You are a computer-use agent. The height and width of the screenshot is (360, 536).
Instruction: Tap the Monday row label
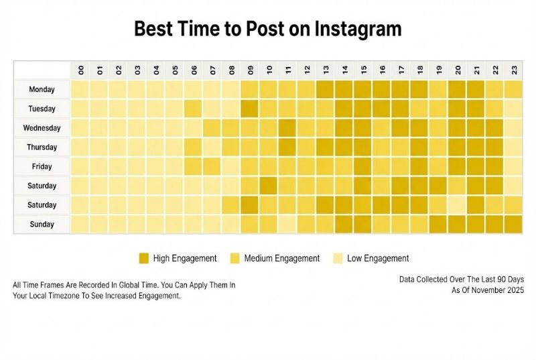click(42, 89)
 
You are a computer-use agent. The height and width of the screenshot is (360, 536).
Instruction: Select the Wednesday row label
click(42, 128)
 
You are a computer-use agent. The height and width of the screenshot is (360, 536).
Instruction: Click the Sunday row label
click(42, 225)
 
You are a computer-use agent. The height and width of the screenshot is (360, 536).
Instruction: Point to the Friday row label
click(42, 166)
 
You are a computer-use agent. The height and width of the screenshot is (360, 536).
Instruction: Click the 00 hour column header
click(80, 70)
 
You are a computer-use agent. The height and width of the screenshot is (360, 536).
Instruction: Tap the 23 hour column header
click(514, 70)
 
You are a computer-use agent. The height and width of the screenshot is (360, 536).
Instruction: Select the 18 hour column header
click(419, 70)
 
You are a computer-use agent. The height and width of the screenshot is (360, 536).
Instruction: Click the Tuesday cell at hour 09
click(250, 109)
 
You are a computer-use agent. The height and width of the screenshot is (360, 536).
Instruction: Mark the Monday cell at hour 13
click(326, 89)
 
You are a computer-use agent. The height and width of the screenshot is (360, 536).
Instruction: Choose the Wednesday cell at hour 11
click(287, 128)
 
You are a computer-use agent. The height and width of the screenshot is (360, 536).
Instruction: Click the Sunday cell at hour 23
click(514, 225)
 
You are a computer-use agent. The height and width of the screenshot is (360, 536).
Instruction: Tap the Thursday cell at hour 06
click(193, 147)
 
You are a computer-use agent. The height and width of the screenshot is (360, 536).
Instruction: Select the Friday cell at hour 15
click(363, 166)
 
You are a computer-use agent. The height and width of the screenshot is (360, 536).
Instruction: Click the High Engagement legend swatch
click(143, 258)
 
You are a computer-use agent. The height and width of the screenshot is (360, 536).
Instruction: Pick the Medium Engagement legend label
click(282, 258)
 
